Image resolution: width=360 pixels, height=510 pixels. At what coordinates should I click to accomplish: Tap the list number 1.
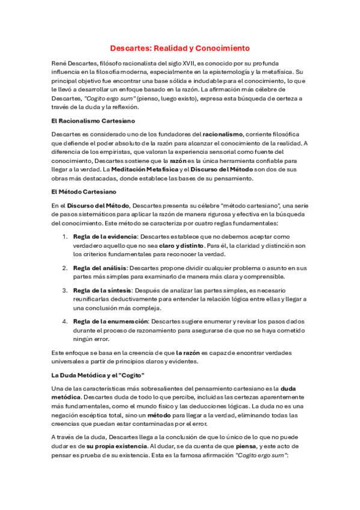pyautogui.click(x=66, y=236)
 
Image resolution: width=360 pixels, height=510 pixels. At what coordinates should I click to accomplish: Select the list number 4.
pyautogui.click(x=66, y=321)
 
